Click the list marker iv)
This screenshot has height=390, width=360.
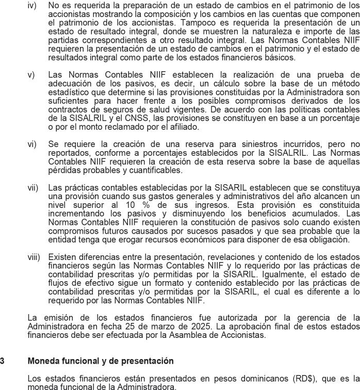coord(31,5)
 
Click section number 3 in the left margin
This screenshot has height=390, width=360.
coord(3,361)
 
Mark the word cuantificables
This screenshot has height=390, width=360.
coord(157,170)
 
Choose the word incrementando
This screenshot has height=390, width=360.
coord(76,213)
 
